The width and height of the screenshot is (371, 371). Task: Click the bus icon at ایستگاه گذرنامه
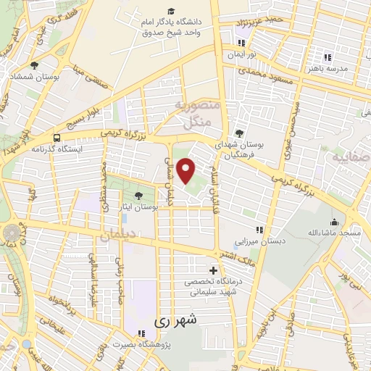(57, 137)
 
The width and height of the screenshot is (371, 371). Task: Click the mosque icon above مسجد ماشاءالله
(334, 222)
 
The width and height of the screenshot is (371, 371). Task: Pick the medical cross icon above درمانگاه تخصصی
(212, 270)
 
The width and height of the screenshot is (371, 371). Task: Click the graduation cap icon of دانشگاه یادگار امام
(171, 11)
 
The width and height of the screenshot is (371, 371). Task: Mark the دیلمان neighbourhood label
(118, 235)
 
